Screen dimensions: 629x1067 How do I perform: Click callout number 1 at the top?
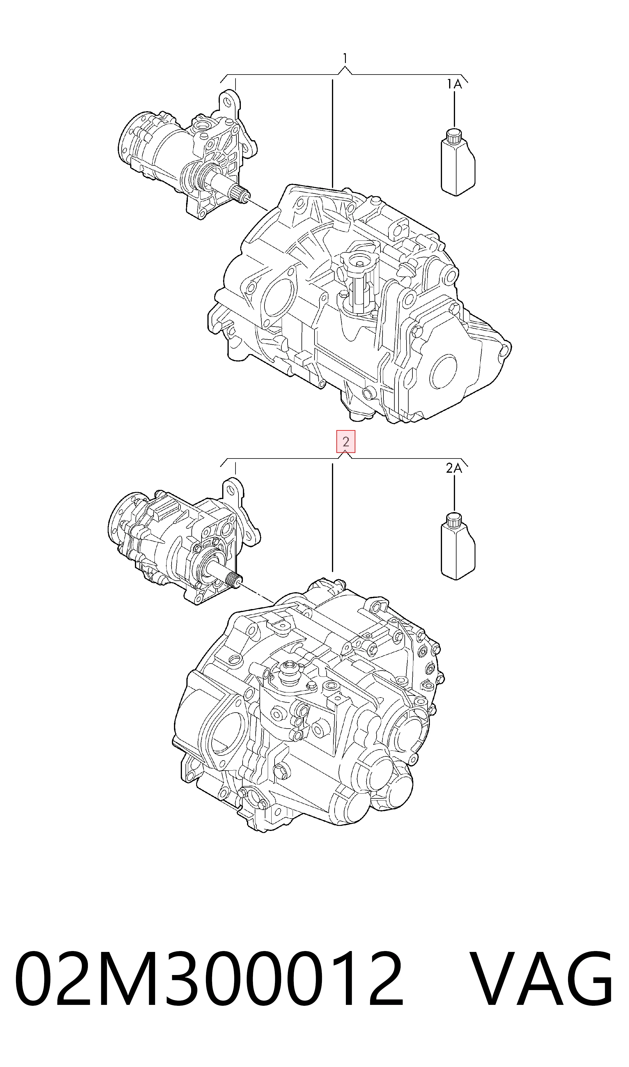pos(346,58)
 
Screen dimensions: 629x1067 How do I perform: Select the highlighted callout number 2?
pos(346,442)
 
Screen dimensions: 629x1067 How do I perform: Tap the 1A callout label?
pos(454,84)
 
